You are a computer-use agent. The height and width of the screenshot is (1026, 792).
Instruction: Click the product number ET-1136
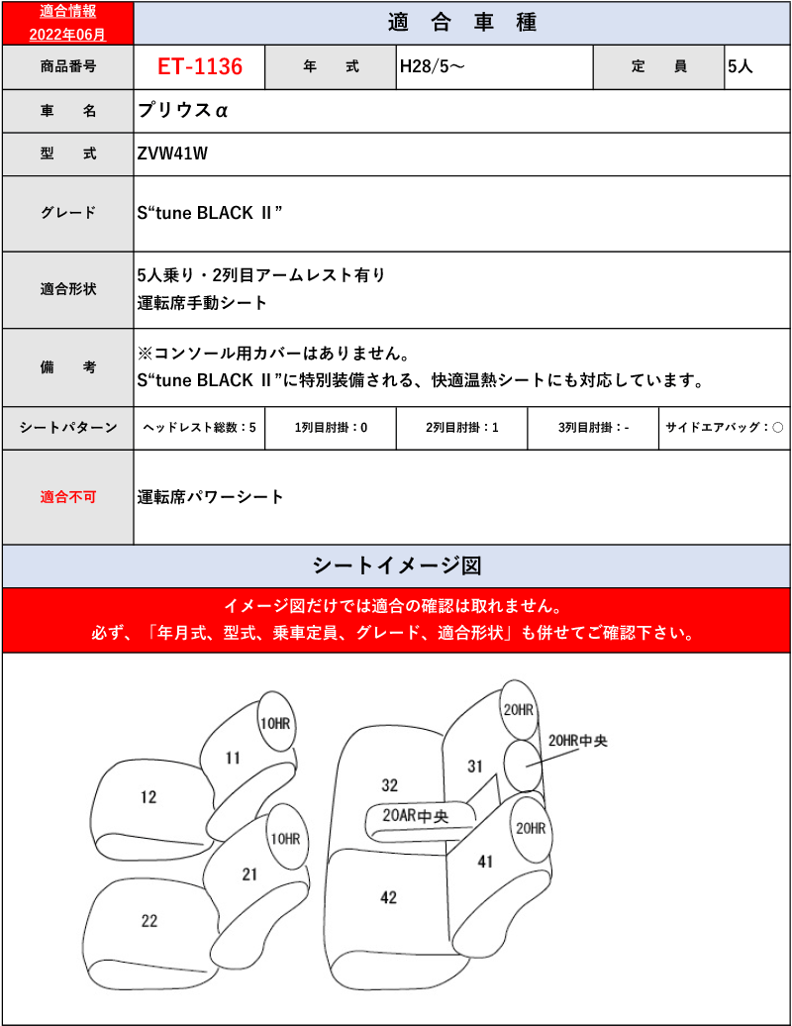pos(199,66)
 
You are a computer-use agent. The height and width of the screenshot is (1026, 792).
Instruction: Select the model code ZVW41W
pos(172,154)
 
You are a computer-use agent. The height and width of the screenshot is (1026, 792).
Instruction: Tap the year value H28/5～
pos(433,66)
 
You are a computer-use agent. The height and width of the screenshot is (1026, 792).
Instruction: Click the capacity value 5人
pos(741,66)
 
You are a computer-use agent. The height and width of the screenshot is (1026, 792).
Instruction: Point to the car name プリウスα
pos(182,111)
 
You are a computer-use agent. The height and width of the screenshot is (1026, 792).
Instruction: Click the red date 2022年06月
pos(67,35)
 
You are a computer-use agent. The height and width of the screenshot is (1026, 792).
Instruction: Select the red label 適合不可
pos(68,497)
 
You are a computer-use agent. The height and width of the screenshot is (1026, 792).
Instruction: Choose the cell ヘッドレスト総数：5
pos(199,428)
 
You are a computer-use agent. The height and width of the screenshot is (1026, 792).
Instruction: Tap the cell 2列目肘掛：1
pos(461,428)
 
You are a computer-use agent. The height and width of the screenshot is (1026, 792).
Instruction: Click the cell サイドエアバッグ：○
pos(724,428)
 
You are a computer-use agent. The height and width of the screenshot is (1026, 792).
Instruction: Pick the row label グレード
pos(68,213)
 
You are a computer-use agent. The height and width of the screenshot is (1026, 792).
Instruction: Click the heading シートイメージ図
pos(396,566)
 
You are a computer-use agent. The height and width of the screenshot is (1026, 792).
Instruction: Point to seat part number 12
pos(148,797)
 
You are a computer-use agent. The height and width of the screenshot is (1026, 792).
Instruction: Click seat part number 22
pos(149,921)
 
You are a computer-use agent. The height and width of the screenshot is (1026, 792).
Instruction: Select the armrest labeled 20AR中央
pos(415,816)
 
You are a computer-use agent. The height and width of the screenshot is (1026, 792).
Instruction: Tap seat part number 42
pos(388,897)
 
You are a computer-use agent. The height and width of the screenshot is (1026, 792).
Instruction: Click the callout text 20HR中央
pos(577,741)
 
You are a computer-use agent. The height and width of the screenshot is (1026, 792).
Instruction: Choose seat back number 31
pos(475,767)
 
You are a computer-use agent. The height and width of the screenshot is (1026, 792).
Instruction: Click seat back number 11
pos(233,759)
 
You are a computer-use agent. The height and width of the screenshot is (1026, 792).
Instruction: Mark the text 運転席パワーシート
pos(210,497)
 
